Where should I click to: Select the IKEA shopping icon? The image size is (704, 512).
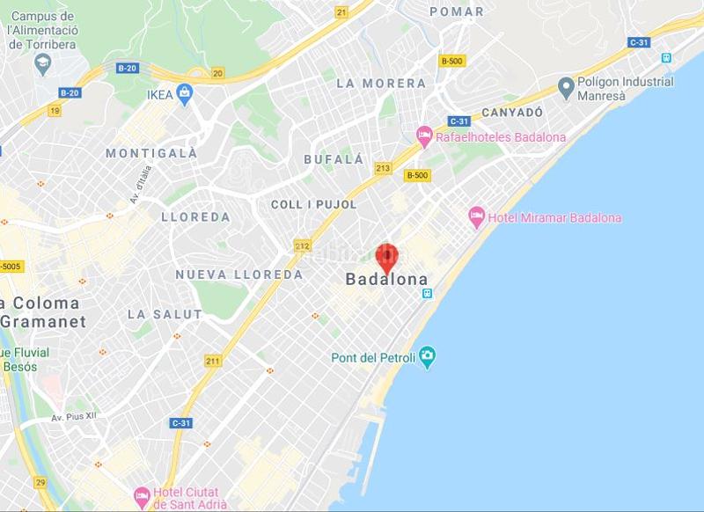(x=186, y=92)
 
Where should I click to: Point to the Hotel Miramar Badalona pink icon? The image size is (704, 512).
(x=476, y=216)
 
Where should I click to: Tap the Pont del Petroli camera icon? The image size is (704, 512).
(x=428, y=357)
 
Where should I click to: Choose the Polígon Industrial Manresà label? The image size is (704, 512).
(x=625, y=88)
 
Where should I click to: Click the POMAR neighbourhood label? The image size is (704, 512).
(x=456, y=11)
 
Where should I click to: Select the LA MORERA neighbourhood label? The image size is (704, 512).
(x=381, y=84)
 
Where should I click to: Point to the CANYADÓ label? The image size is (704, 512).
(x=509, y=113)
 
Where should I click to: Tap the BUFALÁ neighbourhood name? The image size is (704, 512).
(x=334, y=159)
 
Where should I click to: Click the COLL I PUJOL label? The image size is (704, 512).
(x=314, y=204)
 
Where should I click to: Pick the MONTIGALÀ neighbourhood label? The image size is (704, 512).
(x=151, y=153)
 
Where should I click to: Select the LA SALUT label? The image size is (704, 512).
(x=165, y=314)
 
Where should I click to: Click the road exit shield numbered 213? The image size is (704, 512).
(x=383, y=167)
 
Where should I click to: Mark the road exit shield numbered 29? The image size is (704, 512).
(x=41, y=482)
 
